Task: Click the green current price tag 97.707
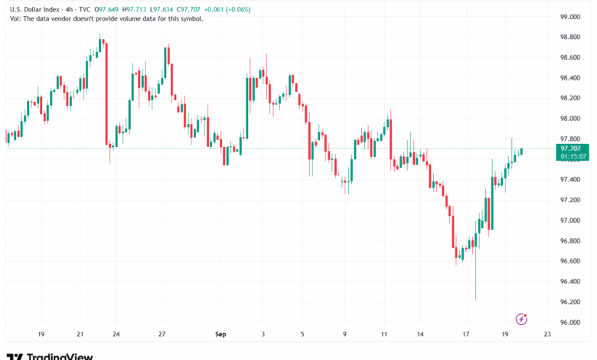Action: (x=573, y=149)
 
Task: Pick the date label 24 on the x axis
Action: (x=116, y=334)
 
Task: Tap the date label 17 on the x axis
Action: (x=465, y=334)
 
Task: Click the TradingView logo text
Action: (x=60, y=355)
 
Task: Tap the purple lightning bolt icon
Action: (x=522, y=319)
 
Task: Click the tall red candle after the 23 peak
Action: (x=106, y=92)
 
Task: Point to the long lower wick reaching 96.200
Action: (x=475, y=280)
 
